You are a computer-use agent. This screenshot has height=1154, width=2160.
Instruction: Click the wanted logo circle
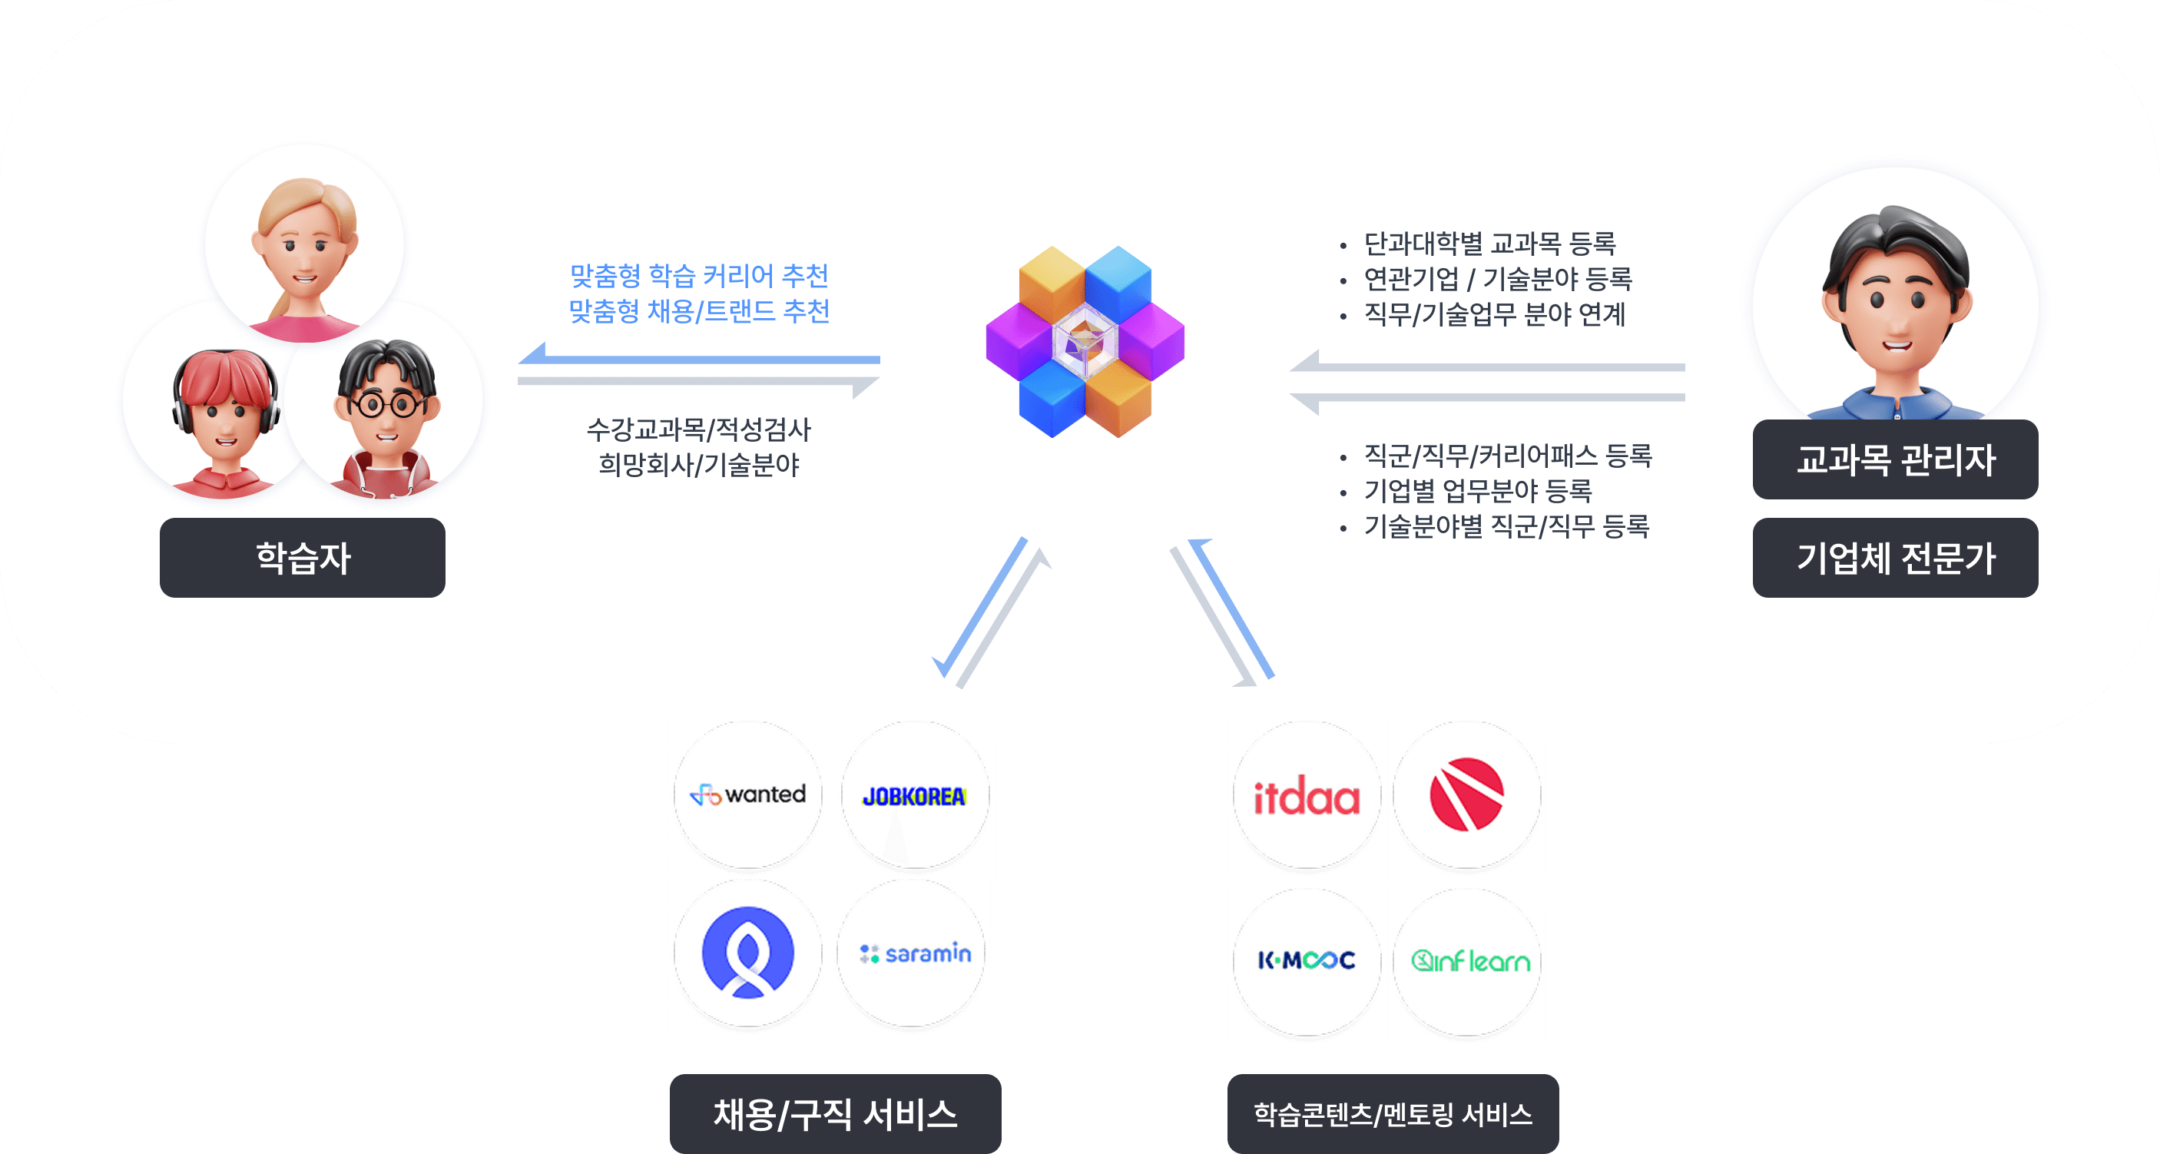coord(748,794)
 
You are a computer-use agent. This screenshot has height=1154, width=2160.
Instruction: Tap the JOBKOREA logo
coord(914,795)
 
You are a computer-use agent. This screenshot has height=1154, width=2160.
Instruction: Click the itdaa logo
coord(1306,796)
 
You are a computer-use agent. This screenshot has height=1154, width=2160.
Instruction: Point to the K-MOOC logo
coord(1306,960)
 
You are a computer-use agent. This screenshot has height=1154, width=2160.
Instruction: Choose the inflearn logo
coord(1469,960)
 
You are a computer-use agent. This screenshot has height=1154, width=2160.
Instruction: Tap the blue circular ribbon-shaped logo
coord(747,953)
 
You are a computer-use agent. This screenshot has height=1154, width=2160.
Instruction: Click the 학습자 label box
coord(302,558)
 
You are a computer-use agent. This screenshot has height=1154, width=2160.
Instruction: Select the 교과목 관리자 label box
coord(1894,459)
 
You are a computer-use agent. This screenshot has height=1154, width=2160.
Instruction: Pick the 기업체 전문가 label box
coord(1894,558)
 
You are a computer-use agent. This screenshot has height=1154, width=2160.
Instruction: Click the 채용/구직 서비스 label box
coord(834,1114)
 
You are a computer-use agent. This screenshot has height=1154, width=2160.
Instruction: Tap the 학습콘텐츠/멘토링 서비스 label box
coord(1392,1114)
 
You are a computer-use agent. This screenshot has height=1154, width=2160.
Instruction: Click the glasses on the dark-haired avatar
coord(386,405)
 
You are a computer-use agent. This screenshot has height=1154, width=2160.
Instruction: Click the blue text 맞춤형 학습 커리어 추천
coord(698,275)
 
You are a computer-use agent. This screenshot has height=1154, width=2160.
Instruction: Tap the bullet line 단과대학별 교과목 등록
coord(1489,244)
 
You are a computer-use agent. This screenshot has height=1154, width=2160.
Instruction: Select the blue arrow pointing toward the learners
coord(698,358)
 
